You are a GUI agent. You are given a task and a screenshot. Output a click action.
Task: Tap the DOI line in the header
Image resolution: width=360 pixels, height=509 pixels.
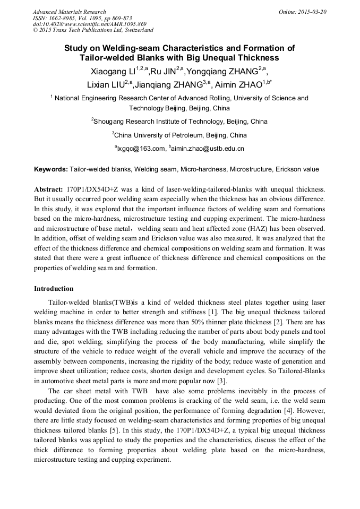[x=82, y=24]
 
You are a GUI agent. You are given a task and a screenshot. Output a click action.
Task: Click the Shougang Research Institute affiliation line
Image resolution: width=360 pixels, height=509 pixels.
[x=179, y=122]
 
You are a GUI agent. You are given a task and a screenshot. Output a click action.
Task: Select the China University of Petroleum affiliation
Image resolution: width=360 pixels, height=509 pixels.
[x=179, y=135]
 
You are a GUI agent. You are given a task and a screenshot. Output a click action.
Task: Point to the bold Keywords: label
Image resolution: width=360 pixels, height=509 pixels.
[x=51, y=169]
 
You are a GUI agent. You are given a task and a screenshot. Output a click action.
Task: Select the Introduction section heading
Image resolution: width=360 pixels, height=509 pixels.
[x=54, y=289]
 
